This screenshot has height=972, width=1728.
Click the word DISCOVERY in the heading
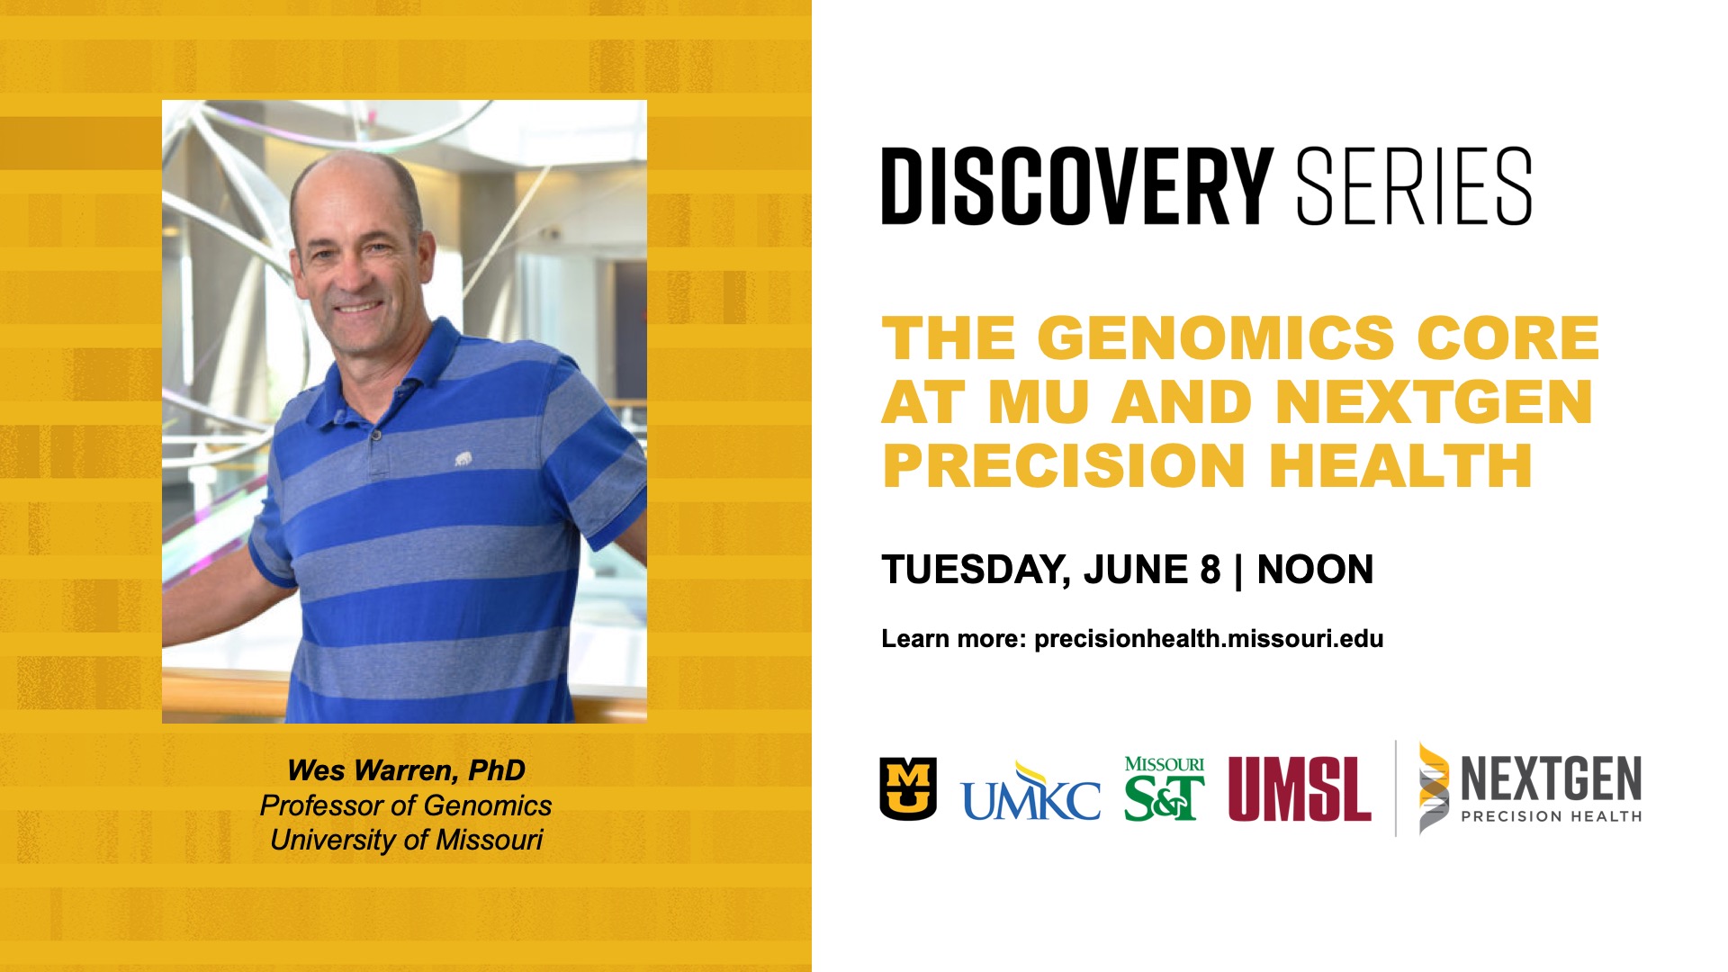click(x=1076, y=186)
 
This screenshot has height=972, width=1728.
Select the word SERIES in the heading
click(x=1414, y=186)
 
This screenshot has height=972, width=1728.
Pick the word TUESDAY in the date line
click(x=976, y=571)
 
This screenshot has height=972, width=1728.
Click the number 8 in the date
click(x=1210, y=570)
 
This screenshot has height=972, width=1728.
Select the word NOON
click(x=1315, y=570)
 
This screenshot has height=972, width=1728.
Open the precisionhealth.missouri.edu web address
click(x=1209, y=639)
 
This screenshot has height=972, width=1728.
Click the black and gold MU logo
click(x=908, y=788)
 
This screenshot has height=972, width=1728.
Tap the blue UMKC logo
click(x=1030, y=791)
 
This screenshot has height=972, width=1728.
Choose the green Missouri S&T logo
click(x=1165, y=788)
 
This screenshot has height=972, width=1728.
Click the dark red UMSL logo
click(x=1300, y=788)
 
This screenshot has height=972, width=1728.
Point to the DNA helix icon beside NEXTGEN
click(x=1435, y=788)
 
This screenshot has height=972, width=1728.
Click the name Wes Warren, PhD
click(x=406, y=770)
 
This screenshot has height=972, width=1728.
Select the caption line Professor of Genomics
click(x=406, y=805)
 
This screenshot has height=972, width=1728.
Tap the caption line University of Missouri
click(x=406, y=840)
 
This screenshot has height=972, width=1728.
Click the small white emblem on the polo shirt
click(x=463, y=460)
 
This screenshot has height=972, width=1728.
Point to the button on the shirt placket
click(x=376, y=436)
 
